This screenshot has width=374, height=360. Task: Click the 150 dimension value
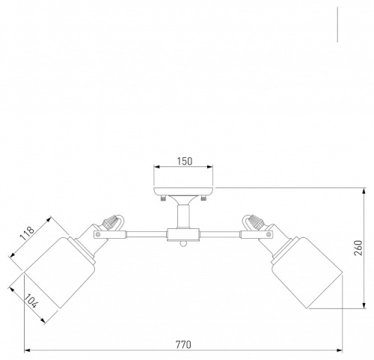coord(185,162)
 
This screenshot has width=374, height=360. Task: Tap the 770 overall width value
coord(183,345)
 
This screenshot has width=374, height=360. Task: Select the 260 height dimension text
coord(358,248)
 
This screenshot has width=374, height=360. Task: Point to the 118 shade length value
coord(27,234)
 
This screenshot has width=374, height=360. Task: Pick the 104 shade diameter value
coord(31,301)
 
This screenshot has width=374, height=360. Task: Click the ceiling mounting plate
coord(183,191)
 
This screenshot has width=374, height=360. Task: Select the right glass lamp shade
coord(307,272)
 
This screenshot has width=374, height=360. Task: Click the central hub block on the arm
coord(183,234)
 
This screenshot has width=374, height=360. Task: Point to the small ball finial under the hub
coord(183,244)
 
